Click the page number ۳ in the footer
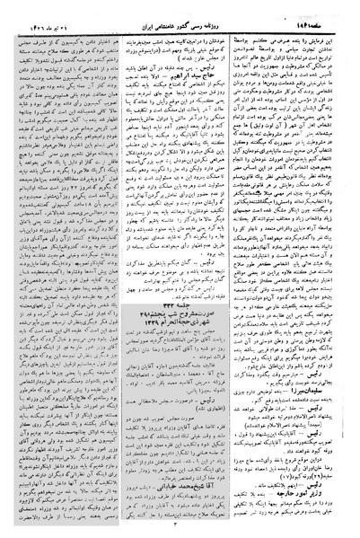click(x=180, y=529)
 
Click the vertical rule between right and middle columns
click(x=240, y=269)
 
